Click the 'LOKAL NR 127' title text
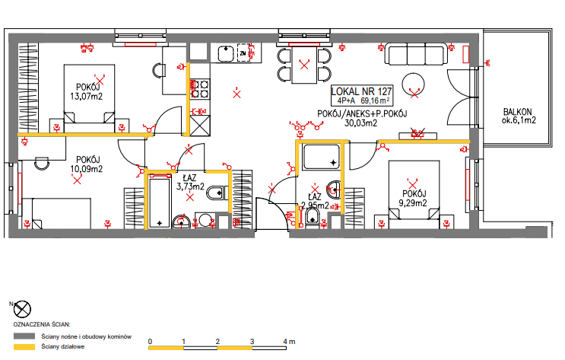(x=361, y=91)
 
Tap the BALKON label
(x=517, y=112)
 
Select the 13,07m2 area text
(x=87, y=97)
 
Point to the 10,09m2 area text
(x=87, y=169)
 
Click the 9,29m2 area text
(x=413, y=203)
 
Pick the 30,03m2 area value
(x=360, y=123)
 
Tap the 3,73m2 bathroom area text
(x=190, y=186)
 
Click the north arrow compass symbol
(x=22, y=310)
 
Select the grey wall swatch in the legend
(x=24, y=336)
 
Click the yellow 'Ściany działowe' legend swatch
(x=24, y=347)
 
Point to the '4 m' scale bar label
(x=289, y=341)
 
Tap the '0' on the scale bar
(x=150, y=341)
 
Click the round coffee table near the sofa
(x=413, y=84)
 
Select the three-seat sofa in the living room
(x=417, y=54)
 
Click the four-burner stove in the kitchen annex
(x=200, y=89)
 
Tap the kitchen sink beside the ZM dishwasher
(x=227, y=53)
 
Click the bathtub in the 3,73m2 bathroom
(x=159, y=202)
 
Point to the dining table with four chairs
(x=304, y=65)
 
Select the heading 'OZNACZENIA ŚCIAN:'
(x=42, y=324)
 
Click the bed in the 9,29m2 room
(x=414, y=194)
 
